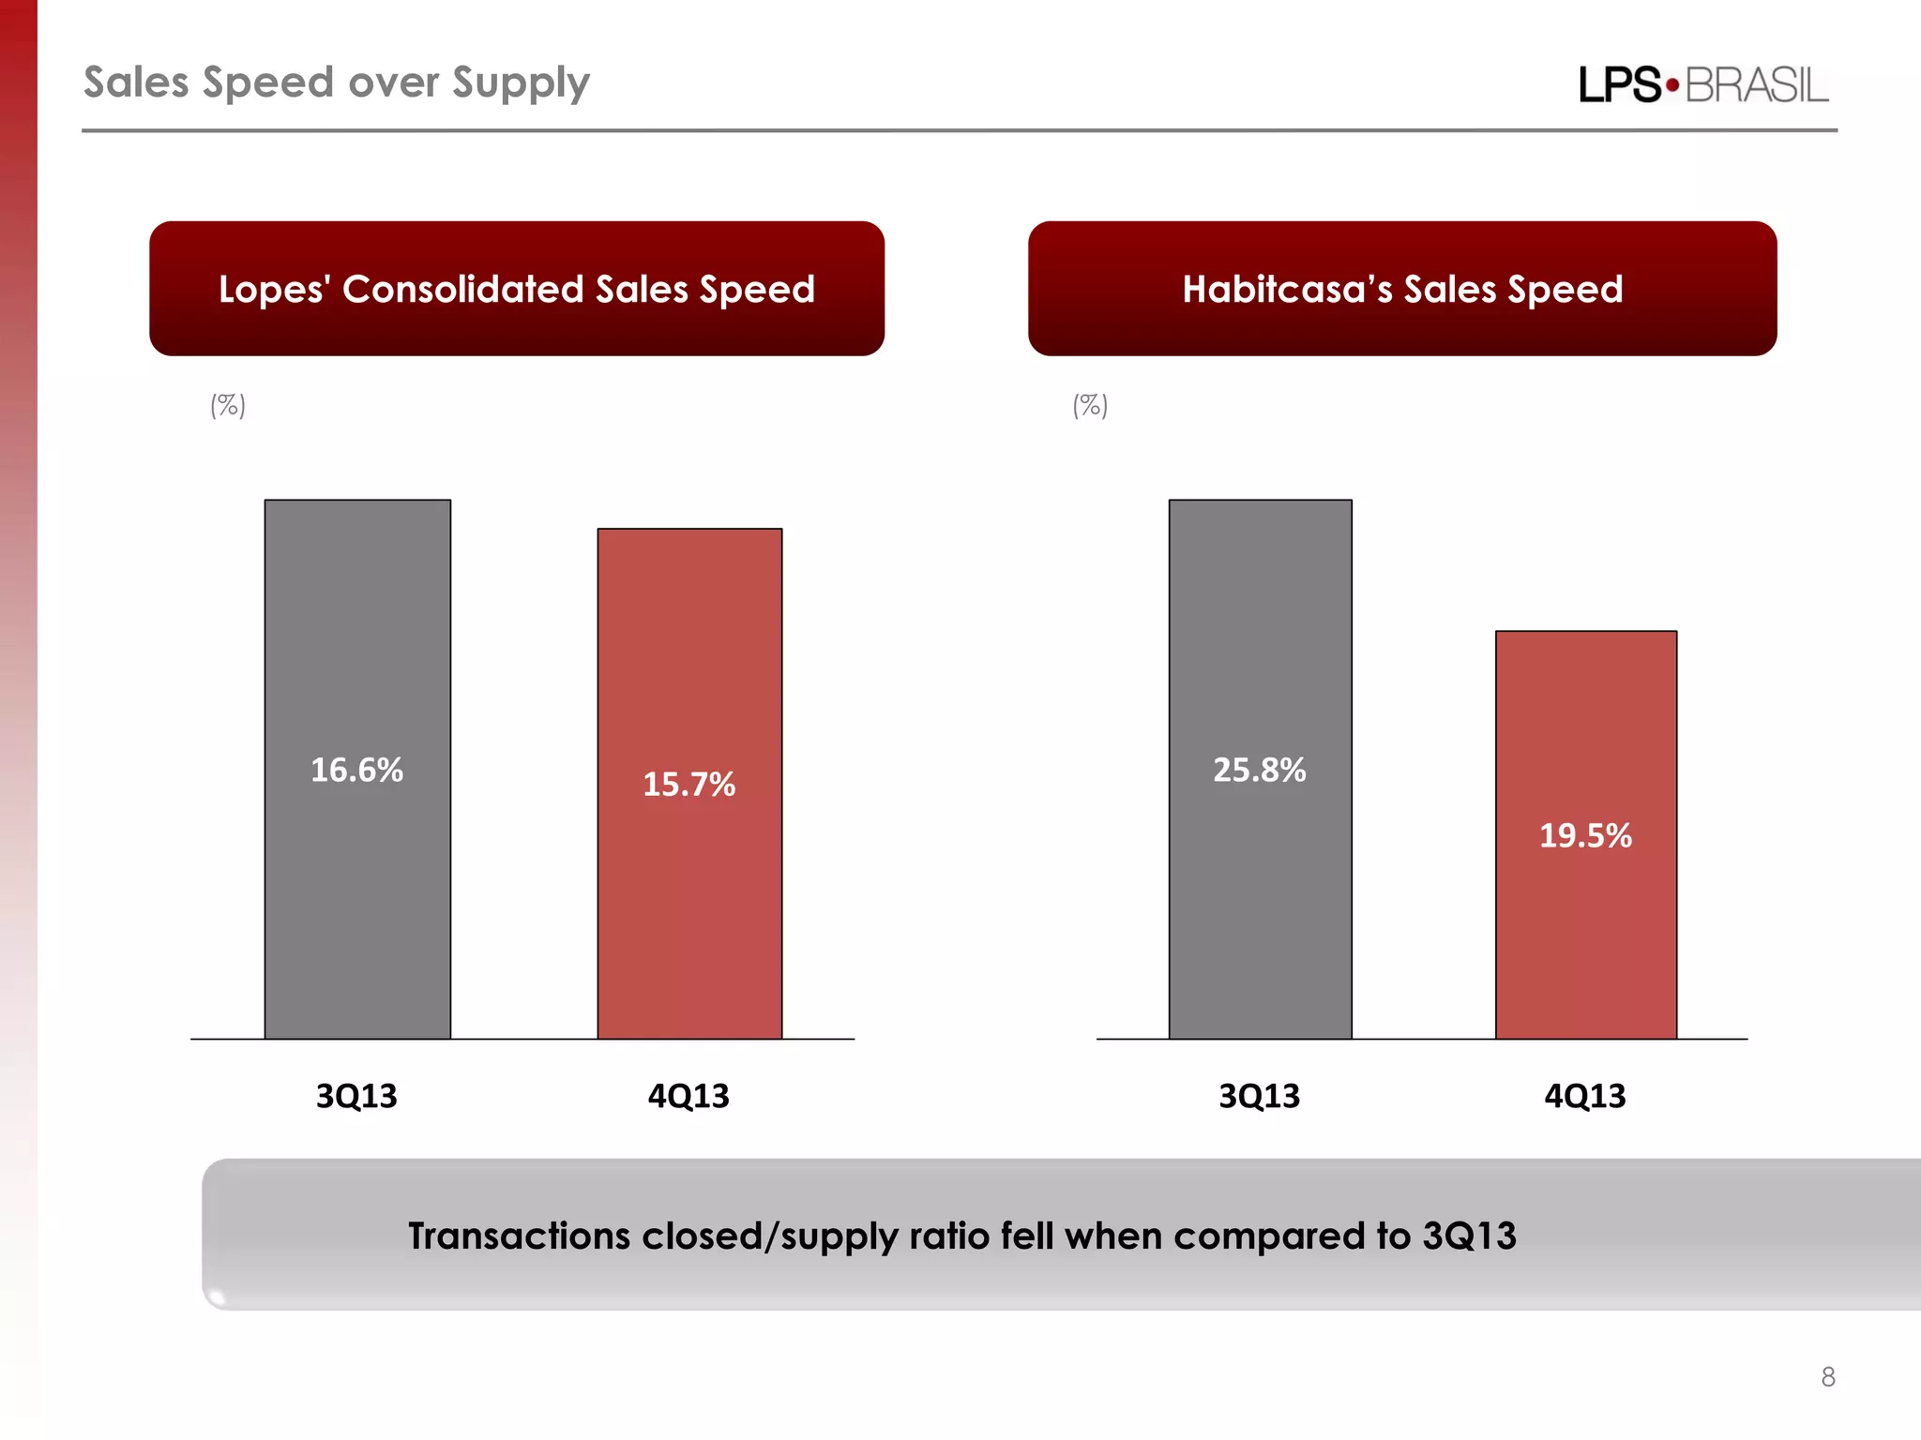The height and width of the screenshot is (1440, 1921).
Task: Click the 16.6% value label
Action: tap(356, 770)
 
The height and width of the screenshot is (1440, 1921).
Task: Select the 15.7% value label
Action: tap(688, 784)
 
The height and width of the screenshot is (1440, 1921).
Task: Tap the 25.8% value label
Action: tap(1259, 770)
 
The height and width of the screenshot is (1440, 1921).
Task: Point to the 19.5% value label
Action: tap(1585, 835)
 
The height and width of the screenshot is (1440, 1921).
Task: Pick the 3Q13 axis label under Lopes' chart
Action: tap(356, 1095)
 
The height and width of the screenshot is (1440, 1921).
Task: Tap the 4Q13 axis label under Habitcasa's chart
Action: tap(1585, 1095)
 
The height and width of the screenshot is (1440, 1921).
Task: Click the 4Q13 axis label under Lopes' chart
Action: tap(688, 1095)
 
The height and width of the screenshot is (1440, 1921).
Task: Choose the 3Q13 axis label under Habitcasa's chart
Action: tap(1259, 1095)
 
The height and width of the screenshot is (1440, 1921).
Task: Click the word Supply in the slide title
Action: tap(521, 83)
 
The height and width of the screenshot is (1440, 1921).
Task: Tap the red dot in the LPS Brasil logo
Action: tap(1672, 85)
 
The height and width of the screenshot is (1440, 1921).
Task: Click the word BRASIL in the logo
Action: tap(1757, 85)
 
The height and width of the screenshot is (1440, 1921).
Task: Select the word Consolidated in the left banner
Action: tap(463, 289)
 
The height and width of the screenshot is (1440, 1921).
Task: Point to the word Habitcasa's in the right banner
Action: tap(1287, 289)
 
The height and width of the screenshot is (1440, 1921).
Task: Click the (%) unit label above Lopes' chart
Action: tap(228, 405)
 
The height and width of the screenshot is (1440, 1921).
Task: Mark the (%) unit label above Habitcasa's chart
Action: tap(1090, 405)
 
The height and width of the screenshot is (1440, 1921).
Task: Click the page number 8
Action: tap(1827, 1376)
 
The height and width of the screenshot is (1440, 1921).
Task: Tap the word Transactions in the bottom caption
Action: tap(519, 1236)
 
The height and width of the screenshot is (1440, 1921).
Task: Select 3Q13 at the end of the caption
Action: tap(1469, 1236)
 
